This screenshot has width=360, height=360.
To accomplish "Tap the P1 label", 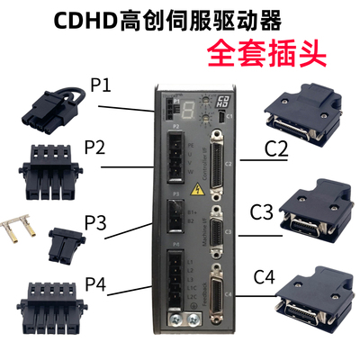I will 101,87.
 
